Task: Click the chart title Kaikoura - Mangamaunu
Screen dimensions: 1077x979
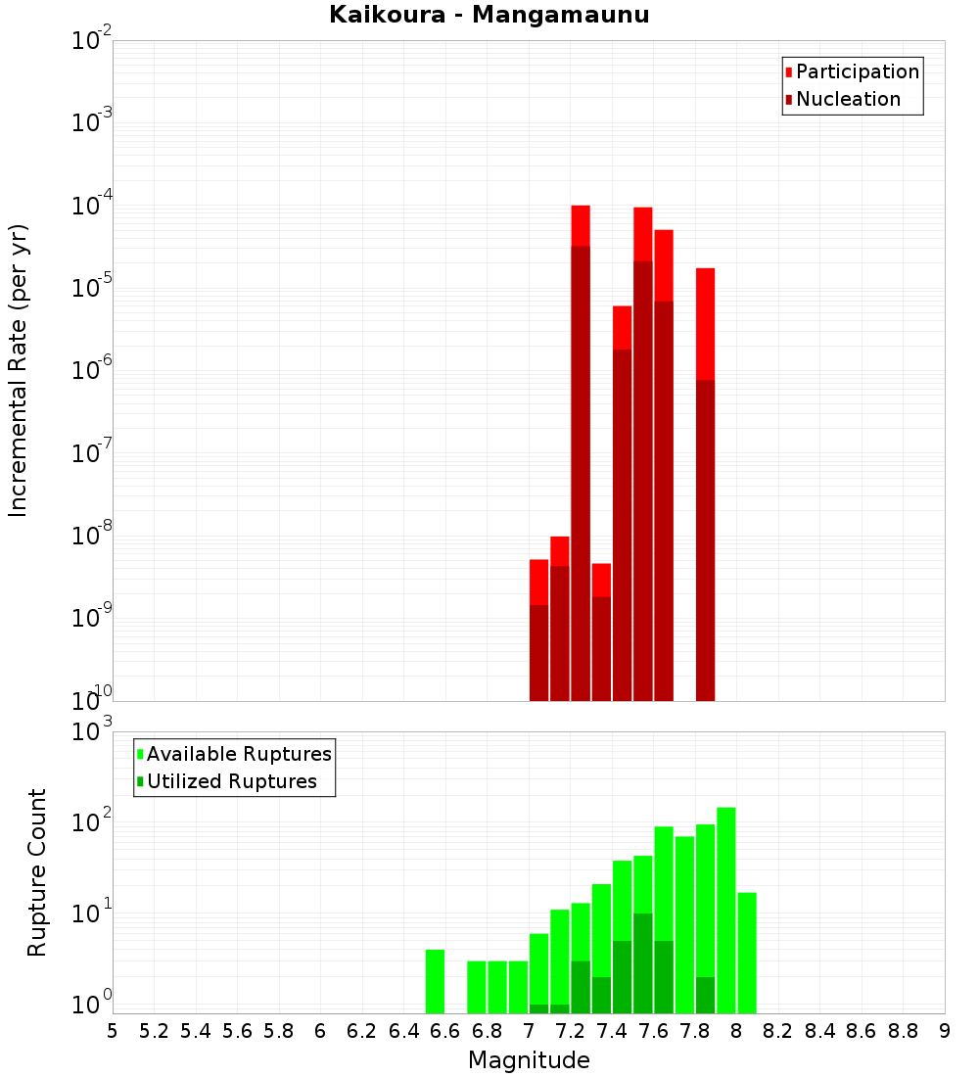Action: pos(489,15)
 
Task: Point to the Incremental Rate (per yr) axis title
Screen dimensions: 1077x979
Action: pos(18,370)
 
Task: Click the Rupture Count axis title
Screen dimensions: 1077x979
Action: pos(37,872)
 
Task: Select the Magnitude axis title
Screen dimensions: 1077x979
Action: pos(529,1059)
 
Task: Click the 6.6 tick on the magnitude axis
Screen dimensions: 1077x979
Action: pos(445,1030)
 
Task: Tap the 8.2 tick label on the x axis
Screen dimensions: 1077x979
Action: pos(778,1030)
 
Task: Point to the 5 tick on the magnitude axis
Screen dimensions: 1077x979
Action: pos(113,1030)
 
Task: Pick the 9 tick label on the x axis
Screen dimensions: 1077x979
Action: pos(945,1030)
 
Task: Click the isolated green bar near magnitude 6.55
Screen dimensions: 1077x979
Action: pos(435,981)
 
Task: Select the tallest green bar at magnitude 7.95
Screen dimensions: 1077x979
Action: pos(726,911)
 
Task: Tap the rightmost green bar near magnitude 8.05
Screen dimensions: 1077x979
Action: pos(747,953)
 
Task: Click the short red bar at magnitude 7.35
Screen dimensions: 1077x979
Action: pos(601,632)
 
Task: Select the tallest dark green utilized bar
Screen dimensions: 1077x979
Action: pos(643,963)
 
